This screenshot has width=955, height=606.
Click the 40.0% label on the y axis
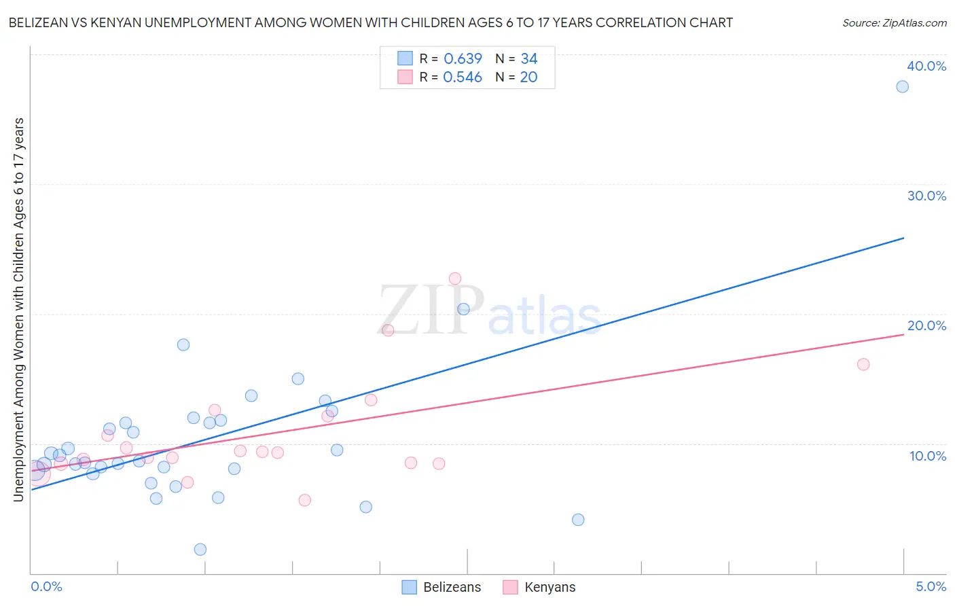[926, 66]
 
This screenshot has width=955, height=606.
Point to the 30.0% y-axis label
[926, 196]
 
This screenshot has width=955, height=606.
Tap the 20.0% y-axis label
[926, 325]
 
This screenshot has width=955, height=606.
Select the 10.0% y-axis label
[927, 456]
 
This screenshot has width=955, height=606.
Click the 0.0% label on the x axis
[46, 586]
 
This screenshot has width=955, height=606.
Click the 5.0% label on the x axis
[931, 586]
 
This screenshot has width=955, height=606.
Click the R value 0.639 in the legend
[463, 59]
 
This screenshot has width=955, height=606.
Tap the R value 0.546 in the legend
[463, 77]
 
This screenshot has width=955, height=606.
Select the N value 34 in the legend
[528, 59]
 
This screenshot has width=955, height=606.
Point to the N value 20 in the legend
[528, 77]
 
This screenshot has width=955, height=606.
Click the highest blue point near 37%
[902, 86]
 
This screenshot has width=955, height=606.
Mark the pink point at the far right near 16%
[863, 364]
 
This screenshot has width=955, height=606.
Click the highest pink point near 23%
[455, 279]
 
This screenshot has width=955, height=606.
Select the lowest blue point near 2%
[200, 550]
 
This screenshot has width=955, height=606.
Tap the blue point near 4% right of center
[578, 520]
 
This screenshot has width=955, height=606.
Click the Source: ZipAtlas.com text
[894, 23]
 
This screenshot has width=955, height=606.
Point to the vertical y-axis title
[18, 310]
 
